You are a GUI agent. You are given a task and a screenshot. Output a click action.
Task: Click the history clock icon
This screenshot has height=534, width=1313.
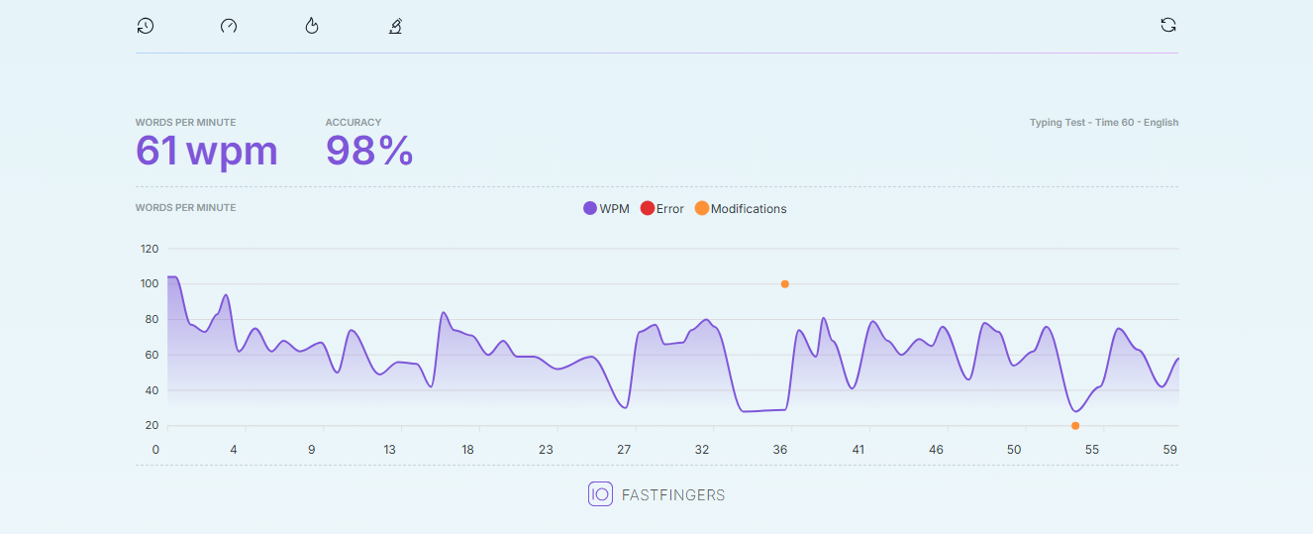point(146,26)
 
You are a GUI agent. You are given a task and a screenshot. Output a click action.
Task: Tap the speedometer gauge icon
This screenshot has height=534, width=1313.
point(229,26)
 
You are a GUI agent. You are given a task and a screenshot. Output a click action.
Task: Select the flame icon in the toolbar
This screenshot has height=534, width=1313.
point(312,26)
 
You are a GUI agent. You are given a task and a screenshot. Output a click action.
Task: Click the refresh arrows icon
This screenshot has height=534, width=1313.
point(1168,25)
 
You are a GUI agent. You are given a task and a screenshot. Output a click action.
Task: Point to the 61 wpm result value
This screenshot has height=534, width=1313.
point(206,152)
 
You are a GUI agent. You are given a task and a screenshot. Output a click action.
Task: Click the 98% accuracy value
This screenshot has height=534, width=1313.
point(369,151)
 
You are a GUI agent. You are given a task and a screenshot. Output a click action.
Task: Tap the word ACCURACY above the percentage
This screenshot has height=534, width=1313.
point(353,123)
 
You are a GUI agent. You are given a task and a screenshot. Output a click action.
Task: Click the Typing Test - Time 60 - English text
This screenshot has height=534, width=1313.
point(1104,123)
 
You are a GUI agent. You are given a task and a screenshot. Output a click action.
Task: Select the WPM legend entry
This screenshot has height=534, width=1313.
point(606,209)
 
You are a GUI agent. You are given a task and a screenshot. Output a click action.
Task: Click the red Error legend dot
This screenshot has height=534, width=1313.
point(648,208)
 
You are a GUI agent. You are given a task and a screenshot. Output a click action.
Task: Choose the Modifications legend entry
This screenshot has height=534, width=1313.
point(741,209)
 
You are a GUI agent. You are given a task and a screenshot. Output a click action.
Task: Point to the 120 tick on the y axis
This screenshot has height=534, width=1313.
point(150,249)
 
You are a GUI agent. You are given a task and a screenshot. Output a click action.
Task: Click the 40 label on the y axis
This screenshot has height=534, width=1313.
point(151,390)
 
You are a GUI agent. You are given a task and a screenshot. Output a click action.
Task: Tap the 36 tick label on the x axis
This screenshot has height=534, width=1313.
point(779,450)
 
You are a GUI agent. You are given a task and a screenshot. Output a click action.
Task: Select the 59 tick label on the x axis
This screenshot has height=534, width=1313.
point(1169,450)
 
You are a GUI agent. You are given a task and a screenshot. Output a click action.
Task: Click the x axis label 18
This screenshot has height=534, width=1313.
point(467,450)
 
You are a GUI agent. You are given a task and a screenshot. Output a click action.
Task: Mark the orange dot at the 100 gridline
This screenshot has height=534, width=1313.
point(785,284)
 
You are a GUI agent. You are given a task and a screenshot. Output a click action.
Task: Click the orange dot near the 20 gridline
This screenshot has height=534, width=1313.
point(1075,426)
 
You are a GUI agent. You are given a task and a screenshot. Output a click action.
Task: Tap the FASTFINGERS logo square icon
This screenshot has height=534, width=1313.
point(600,494)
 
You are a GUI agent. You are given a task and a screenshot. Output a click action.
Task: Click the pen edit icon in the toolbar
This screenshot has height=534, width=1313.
point(396,26)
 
